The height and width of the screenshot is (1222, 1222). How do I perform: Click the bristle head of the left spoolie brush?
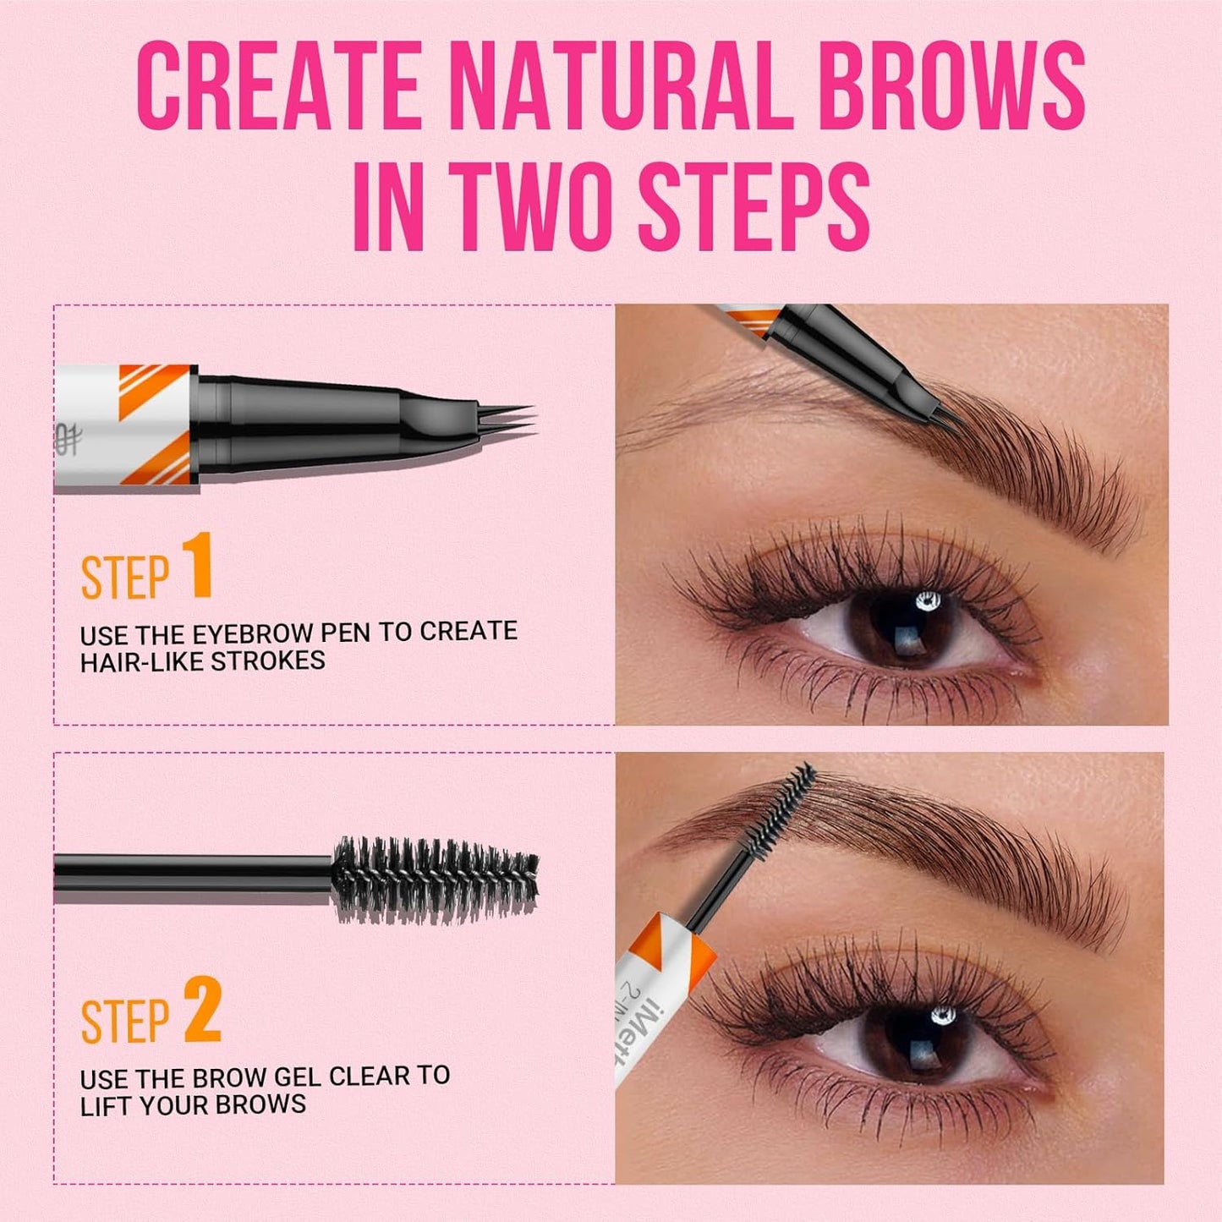(436, 879)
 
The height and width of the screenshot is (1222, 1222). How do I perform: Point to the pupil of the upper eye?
(910, 626)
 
